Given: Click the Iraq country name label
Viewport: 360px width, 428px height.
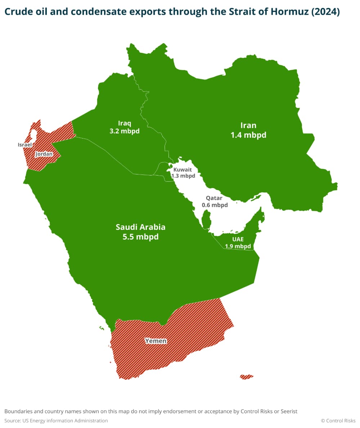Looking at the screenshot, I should pos(124,123).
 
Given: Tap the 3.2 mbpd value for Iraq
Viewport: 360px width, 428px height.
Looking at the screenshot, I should pos(124,131).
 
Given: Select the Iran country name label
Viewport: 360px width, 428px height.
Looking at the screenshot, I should pos(248,125).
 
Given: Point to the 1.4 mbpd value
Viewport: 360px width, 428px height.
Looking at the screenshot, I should pos(248,135).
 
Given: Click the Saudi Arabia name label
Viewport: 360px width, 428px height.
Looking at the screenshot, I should pos(140,227).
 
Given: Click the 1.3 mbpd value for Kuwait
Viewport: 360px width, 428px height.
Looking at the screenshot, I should pos(183,176).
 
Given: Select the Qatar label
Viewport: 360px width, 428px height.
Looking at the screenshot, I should pos(214,198).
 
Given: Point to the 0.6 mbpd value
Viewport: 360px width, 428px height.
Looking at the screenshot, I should pos(215,205).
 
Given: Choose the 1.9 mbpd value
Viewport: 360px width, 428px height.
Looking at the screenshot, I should pos(238,246).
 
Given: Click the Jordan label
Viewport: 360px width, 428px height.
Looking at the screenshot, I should pos(44,154).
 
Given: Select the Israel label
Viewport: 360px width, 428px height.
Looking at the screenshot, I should pos(25,145).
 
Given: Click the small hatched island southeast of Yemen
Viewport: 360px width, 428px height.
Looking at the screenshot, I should pos(247,377).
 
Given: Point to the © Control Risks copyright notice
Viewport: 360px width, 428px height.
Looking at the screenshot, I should pos(338,420).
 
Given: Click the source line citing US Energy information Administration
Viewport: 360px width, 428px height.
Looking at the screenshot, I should pos(56,420).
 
